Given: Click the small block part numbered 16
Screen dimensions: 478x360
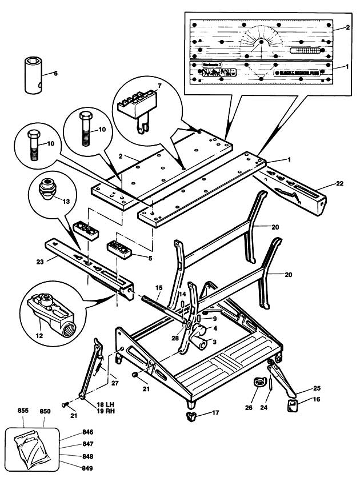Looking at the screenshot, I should [292, 405].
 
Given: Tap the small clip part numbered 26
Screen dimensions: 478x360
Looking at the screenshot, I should [258, 382].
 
